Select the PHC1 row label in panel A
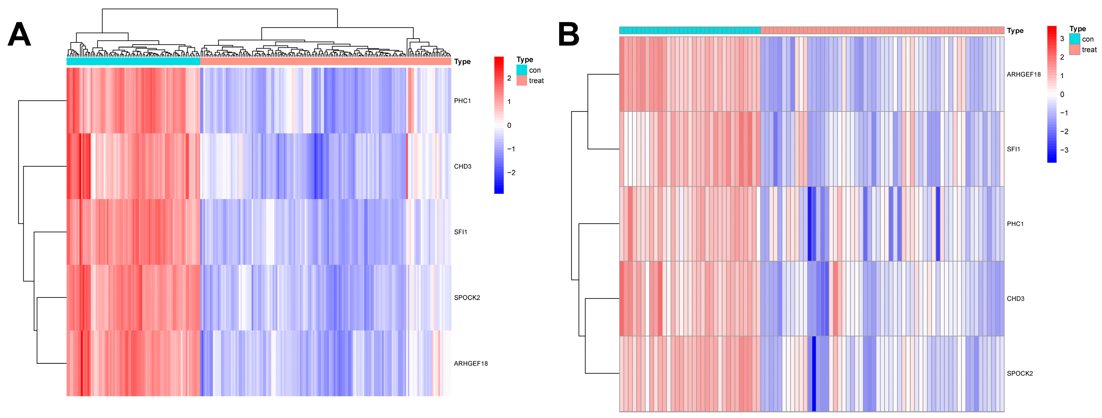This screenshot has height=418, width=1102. tap(462, 101)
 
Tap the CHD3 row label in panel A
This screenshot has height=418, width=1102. tap(462, 167)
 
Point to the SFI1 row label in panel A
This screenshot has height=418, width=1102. tap(460, 232)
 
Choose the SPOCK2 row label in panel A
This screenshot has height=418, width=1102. tap(467, 298)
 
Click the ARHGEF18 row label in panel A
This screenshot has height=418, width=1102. tap(471, 364)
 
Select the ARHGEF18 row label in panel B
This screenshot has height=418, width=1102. tap(1023, 75)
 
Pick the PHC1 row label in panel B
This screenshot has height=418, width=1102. tap(1015, 224)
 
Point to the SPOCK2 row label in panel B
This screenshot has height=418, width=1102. tap(1019, 373)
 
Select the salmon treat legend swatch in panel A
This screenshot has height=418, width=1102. tap(521, 81)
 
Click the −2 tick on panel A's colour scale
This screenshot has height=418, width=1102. tap(511, 173)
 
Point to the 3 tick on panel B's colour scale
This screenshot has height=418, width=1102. tap(1062, 38)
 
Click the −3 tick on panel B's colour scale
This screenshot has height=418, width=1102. tap(1064, 150)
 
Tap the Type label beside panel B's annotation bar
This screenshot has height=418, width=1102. tap(1015, 31)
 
